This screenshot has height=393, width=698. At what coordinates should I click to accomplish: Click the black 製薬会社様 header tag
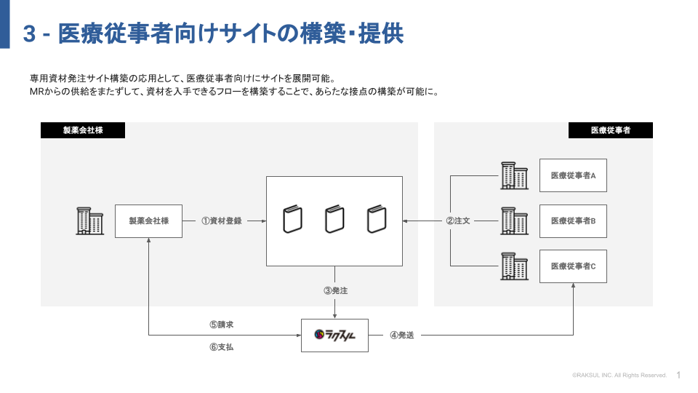[83, 130]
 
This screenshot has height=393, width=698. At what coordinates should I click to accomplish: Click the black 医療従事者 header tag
[610, 130]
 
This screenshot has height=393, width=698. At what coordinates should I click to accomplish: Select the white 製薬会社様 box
[148, 221]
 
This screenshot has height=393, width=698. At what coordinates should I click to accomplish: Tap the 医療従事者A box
[573, 175]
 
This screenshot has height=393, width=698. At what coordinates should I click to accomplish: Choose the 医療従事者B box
[573, 221]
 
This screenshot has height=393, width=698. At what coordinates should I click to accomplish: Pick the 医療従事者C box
[573, 266]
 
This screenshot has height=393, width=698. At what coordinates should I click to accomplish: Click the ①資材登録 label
[222, 221]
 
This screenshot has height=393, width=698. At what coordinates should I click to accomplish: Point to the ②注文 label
[458, 221]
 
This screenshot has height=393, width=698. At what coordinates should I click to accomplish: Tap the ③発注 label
[335, 290]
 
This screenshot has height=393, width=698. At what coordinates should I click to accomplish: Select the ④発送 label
[402, 336]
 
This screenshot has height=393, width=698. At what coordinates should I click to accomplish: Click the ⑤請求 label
[221, 325]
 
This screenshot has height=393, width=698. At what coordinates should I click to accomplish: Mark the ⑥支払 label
[221, 347]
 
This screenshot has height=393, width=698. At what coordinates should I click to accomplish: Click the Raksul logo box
[334, 336]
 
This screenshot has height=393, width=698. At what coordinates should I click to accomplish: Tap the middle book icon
[334, 220]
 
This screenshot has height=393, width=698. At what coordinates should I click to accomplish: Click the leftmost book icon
[292, 220]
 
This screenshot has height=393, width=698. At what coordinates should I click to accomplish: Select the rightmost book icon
[376, 220]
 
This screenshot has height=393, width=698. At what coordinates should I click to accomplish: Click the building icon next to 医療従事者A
[514, 175]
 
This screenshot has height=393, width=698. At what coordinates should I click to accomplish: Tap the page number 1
[678, 375]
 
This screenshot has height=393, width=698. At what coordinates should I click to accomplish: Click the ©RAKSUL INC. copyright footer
[619, 376]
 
